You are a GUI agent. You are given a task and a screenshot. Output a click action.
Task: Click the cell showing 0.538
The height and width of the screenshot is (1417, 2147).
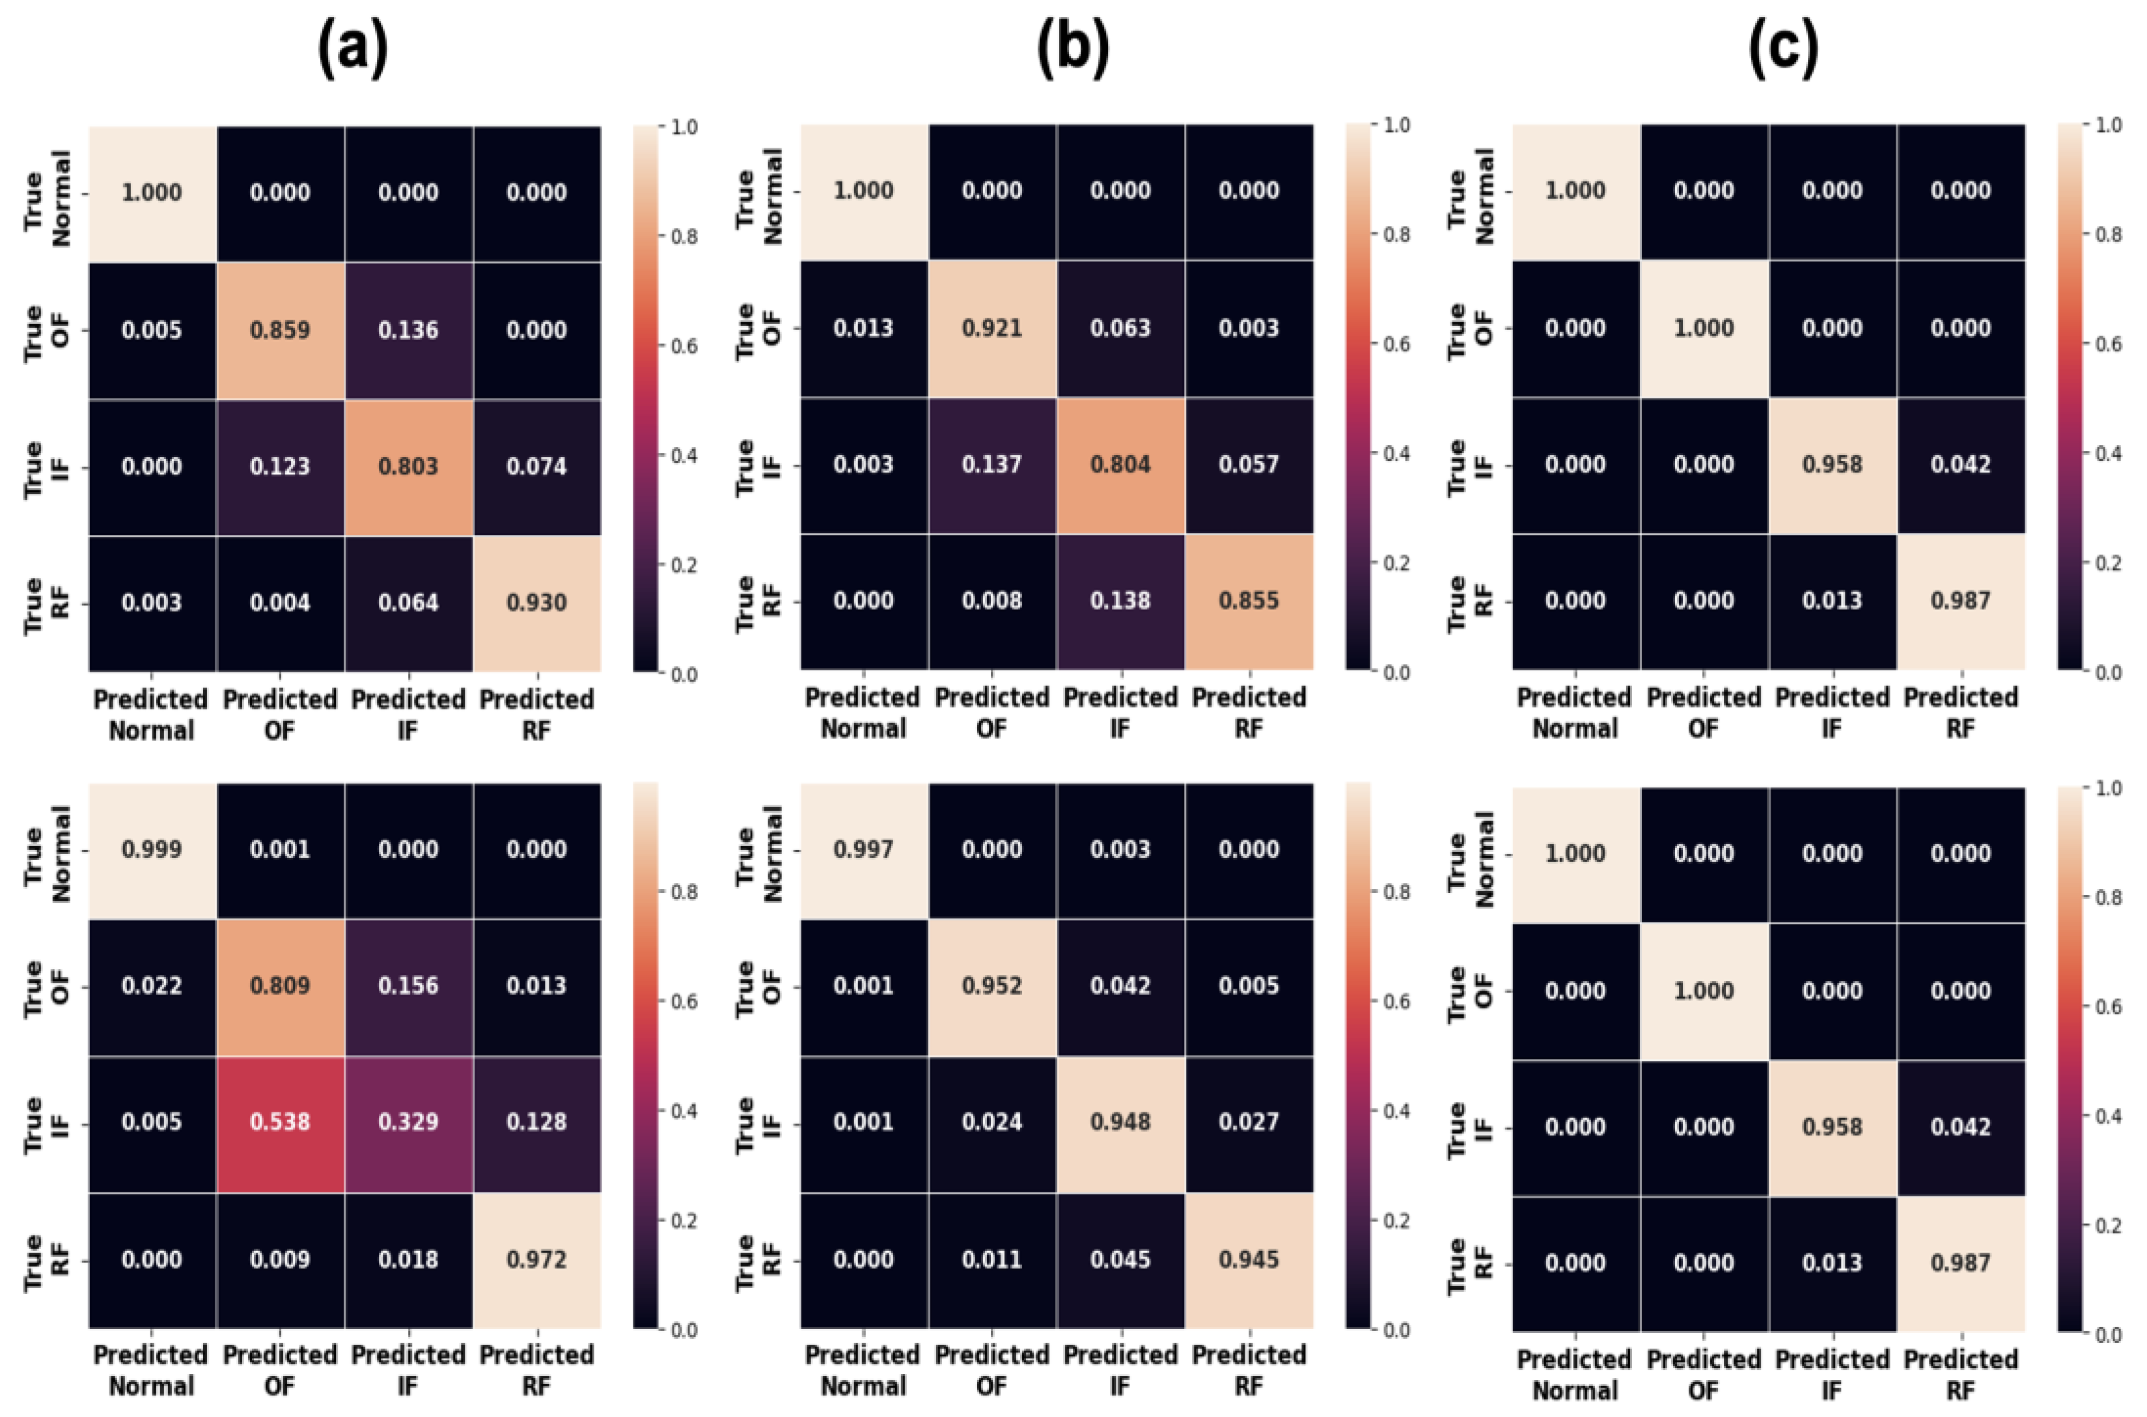280,1122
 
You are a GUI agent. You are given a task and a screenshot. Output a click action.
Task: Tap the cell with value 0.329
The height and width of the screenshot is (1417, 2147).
408,1122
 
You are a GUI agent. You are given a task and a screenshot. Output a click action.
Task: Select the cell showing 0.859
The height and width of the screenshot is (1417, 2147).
280,330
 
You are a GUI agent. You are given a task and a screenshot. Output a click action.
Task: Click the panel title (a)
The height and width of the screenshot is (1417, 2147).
352,49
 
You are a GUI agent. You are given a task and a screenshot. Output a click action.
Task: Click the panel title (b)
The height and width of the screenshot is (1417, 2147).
1073,49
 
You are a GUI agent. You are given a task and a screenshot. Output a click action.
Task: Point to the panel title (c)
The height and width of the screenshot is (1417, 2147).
1784,49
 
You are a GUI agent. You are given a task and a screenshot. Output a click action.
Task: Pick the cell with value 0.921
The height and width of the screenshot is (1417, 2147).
992,328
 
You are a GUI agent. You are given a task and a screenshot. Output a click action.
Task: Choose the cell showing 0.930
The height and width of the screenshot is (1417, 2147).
536,603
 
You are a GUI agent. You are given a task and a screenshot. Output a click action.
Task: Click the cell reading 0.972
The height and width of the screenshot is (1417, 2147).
536,1259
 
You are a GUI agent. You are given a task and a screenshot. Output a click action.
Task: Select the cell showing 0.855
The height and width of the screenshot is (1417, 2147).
1249,601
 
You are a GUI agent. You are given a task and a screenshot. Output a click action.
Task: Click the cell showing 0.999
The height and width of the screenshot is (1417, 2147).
152,849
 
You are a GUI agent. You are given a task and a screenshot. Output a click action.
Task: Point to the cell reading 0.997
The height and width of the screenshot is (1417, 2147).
864,849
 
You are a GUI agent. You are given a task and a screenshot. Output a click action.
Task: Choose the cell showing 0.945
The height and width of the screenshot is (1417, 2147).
1249,1259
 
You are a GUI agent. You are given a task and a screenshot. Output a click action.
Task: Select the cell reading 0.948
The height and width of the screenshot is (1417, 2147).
1120,1122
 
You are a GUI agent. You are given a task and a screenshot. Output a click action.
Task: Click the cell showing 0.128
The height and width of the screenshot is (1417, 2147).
536,1122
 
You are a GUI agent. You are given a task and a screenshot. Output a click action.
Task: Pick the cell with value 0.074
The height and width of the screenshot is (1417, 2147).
536,466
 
